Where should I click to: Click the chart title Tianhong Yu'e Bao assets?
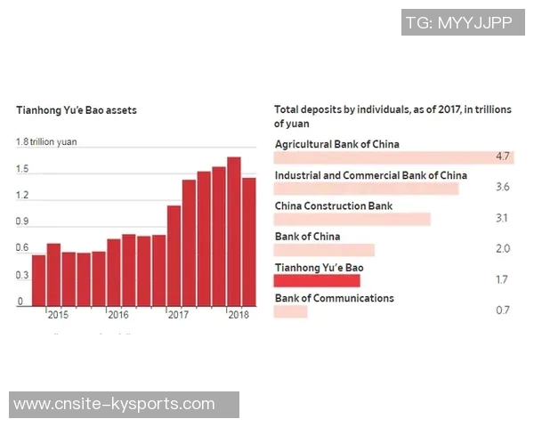pos(76,110)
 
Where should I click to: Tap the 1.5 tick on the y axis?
pos(22,169)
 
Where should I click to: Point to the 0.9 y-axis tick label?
pos(22,222)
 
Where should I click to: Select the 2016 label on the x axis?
pos(117,315)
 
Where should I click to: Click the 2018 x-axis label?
pos(238,315)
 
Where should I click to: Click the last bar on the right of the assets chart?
pos(249,241)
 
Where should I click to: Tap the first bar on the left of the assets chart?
pos(38,280)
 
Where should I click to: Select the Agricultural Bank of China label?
pos(336,144)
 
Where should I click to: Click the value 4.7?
pos(502,157)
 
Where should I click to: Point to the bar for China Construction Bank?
pos(352,219)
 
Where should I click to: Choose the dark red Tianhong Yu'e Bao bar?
pos(317,280)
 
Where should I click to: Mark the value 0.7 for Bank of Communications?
pos(502,310)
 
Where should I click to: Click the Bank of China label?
pos(307,237)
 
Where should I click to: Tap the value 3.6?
pos(502,188)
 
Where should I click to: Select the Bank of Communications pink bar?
pos(291,311)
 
